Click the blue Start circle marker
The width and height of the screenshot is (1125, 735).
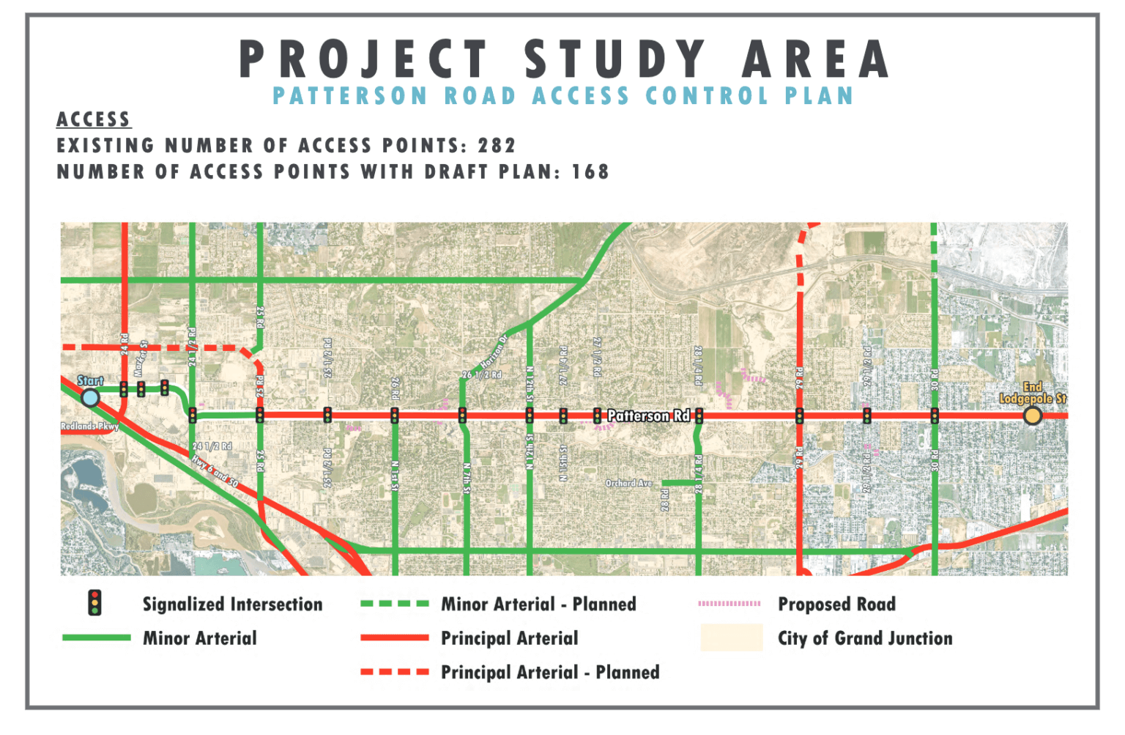point(90,398)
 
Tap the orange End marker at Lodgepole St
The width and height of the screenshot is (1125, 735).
point(1033,416)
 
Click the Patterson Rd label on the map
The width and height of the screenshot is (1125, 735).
point(648,415)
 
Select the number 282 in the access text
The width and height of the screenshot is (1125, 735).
point(497,146)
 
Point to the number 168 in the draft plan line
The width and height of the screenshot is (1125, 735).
point(590,172)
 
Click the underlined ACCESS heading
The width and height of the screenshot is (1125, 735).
point(94,119)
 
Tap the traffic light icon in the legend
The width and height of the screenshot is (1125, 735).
point(94,603)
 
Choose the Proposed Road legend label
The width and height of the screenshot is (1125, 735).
point(836,605)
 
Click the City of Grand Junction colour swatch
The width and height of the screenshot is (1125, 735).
point(731,638)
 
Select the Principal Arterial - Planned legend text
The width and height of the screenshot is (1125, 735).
point(550,672)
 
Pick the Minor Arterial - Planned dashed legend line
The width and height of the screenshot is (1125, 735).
point(395,605)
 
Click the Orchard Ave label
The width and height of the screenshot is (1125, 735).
point(628,483)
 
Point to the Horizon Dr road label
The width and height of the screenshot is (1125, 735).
point(494,352)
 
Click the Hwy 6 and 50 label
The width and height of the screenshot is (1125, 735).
point(215,471)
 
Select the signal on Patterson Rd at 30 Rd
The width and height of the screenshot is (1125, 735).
point(935,416)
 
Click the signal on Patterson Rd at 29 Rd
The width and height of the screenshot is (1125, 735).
point(799,416)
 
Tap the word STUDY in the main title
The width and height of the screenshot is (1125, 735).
point(615,59)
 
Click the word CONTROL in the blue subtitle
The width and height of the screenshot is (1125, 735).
point(707,96)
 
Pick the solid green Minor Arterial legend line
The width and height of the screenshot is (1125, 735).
point(97,638)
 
